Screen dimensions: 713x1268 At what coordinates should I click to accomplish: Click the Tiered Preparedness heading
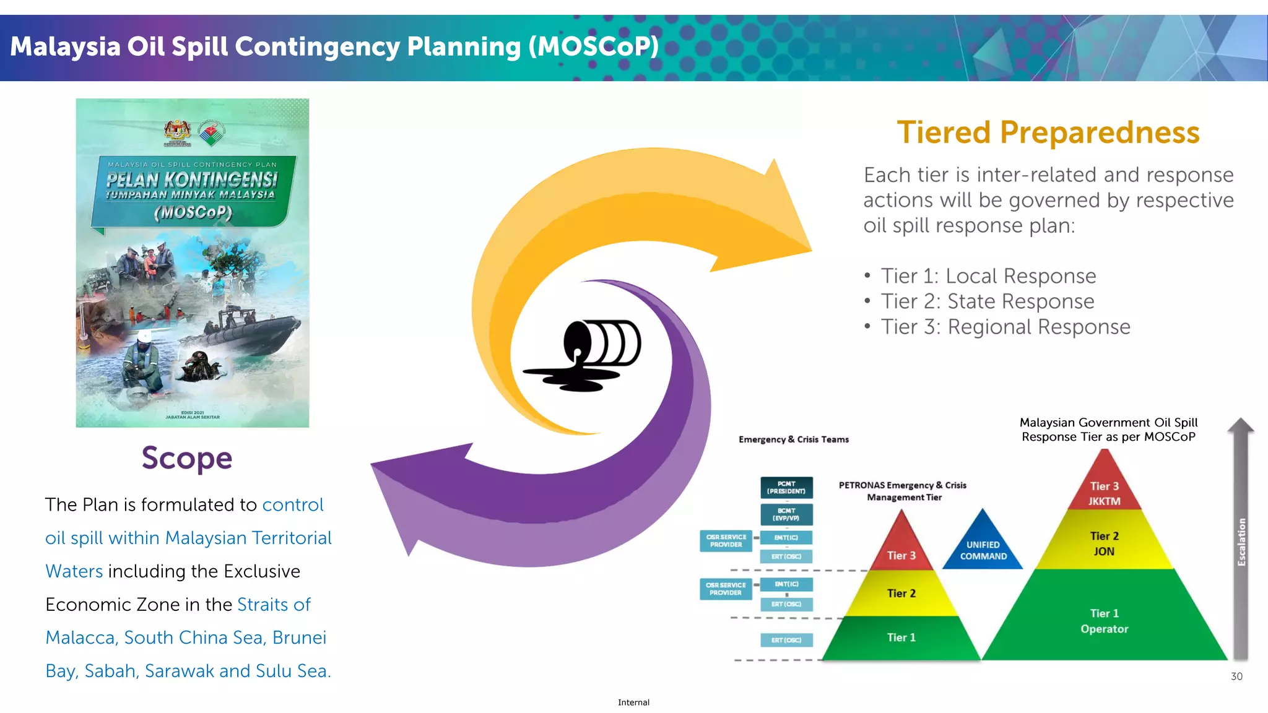pos(1048,132)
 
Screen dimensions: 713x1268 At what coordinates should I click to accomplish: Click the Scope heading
pos(186,459)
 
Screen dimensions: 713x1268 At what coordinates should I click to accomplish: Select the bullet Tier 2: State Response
pos(987,301)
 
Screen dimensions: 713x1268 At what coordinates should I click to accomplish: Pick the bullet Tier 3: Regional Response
pos(1005,327)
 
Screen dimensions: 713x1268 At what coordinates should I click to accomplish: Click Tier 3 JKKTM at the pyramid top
pos(1104,493)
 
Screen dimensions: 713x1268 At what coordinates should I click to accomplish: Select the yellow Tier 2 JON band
pos(1104,543)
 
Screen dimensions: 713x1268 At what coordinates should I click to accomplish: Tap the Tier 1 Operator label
pos(1104,620)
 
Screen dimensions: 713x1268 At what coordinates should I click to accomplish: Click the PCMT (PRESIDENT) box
pos(786,488)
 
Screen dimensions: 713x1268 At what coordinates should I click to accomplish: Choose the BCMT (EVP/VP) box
pos(786,514)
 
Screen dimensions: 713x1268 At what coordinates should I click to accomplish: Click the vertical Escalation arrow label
pos(1241,542)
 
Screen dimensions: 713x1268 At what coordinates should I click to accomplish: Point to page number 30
pos(1236,676)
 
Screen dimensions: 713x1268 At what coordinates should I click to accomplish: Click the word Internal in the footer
pos(633,702)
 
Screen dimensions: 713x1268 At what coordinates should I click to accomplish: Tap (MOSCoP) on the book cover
pos(193,212)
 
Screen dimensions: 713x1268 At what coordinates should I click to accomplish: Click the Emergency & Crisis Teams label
pos(793,439)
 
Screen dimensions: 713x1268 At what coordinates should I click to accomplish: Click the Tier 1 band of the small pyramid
pos(901,637)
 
